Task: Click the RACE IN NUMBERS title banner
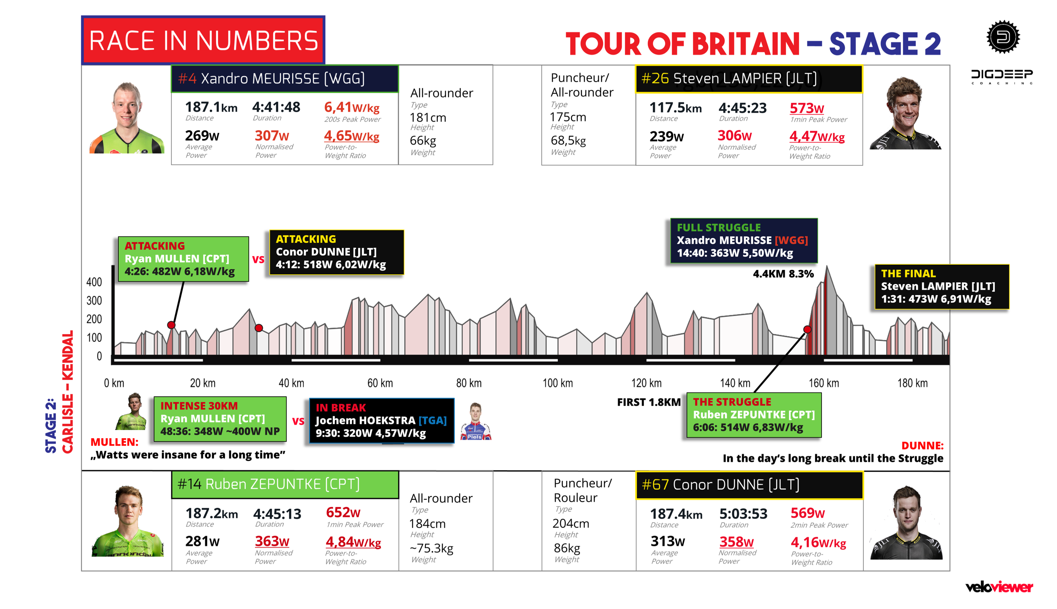coord(203,40)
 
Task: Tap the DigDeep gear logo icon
coord(1003,37)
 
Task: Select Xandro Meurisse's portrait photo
coord(126,117)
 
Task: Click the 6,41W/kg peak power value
coord(351,107)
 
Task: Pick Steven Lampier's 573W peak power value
coord(807,108)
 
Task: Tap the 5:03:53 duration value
coord(743,513)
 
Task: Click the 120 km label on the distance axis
coord(646,383)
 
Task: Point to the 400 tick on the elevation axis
coord(94,282)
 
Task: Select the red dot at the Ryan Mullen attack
coord(171,325)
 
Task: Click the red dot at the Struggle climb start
coord(807,329)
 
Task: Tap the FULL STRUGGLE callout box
coord(744,241)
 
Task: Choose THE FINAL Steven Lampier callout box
coord(942,287)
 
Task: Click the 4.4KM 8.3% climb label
coord(783,274)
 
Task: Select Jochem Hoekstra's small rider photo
coord(476,421)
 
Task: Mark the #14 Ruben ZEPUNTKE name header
coord(285,484)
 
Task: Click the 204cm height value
coord(570,524)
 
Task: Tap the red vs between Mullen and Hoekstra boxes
coord(298,421)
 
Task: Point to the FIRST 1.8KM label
coord(649,402)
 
